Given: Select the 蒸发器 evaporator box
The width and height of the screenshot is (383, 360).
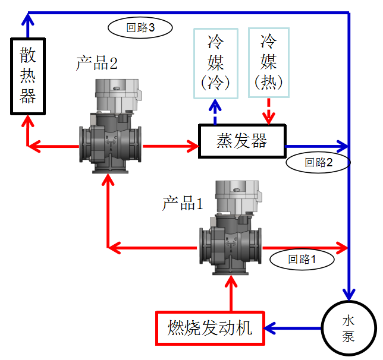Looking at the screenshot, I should pos(241,141).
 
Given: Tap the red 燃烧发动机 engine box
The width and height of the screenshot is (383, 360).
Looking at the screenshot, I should pos(210,327).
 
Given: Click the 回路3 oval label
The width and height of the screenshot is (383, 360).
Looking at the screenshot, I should pos(141,26).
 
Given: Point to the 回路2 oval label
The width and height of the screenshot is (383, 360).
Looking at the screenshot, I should pos(318,162).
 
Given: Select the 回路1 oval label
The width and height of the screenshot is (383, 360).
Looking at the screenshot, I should pos(302,258).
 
